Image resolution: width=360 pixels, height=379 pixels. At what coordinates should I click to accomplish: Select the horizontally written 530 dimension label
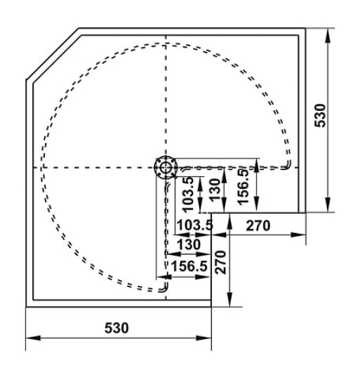(117, 328)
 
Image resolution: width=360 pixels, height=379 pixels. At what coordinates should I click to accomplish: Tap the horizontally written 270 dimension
(258, 225)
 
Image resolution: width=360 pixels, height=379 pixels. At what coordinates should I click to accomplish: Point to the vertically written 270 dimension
(220, 262)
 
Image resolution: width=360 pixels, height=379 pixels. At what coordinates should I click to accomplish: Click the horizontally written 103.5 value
(192, 225)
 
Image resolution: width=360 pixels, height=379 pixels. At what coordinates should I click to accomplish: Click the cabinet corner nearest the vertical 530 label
(307, 29)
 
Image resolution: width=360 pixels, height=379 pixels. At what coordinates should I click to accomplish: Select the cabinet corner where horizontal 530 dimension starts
(26, 307)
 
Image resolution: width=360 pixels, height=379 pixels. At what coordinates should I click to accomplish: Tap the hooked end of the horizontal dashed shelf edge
(288, 166)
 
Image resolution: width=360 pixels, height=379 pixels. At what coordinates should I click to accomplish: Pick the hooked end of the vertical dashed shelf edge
(164, 288)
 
